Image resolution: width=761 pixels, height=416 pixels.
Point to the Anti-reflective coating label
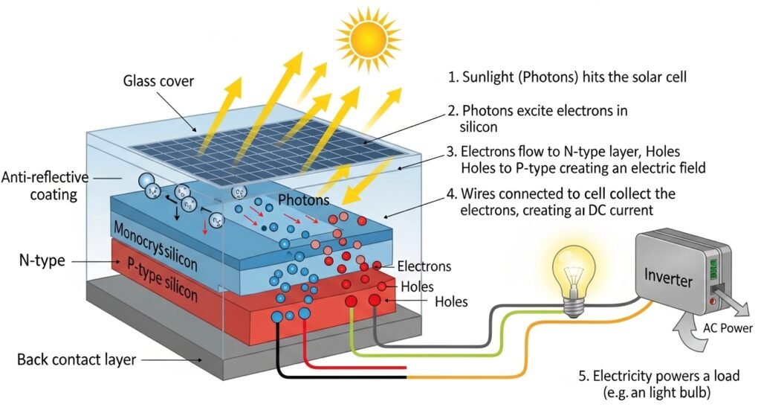coord(45,187)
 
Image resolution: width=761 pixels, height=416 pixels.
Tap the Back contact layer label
coord(77,360)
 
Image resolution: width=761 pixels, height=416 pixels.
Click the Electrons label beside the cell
coord(424,266)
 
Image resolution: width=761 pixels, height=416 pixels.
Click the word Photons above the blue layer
coord(303,201)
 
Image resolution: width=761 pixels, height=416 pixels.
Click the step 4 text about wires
coord(561,202)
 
